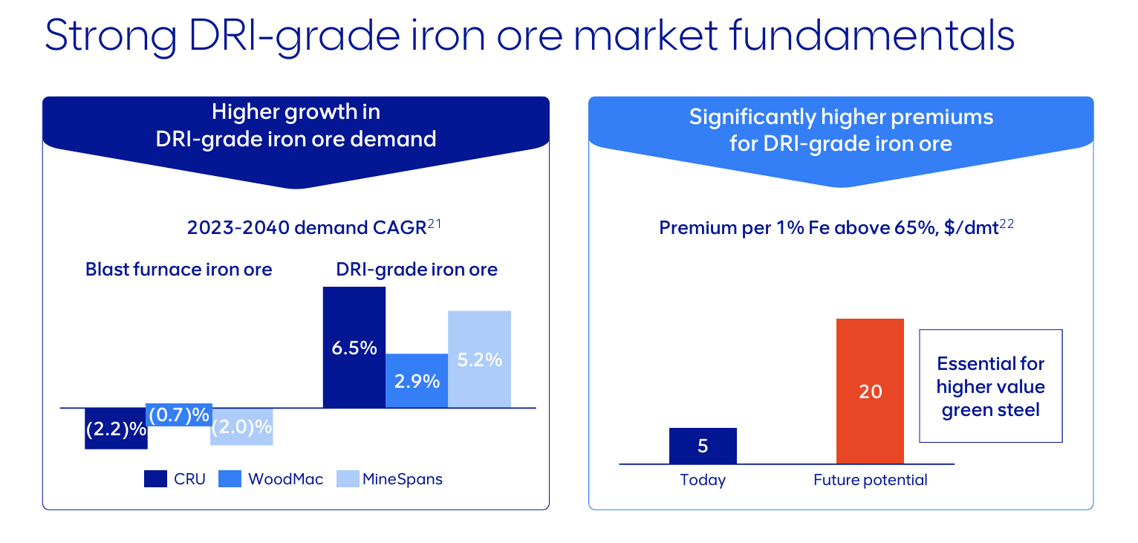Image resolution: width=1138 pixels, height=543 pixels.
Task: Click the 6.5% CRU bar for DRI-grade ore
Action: [x=354, y=347]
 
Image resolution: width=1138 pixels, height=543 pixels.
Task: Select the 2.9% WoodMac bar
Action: [x=417, y=380]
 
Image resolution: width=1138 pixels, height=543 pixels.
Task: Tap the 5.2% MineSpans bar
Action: [x=479, y=359]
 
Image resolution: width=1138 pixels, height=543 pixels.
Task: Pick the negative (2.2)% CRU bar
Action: [x=116, y=429]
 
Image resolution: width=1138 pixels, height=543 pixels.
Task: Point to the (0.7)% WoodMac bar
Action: [x=179, y=415]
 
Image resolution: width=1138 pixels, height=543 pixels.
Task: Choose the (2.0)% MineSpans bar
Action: [x=241, y=427]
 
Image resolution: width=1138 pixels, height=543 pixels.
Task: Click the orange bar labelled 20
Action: [x=870, y=391]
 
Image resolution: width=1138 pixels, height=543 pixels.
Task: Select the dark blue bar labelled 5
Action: [x=703, y=446]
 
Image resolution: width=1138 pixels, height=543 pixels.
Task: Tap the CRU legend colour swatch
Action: [x=155, y=479]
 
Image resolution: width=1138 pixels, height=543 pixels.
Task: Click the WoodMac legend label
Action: [x=285, y=479]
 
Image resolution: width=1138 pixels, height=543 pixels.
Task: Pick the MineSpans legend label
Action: [x=402, y=479]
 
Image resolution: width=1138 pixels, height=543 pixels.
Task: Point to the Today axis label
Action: [x=703, y=481]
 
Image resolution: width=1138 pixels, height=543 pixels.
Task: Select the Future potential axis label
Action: [x=870, y=481]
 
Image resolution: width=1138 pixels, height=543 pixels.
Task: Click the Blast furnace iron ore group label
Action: [x=178, y=269]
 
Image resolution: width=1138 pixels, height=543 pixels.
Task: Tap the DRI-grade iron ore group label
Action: [x=416, y=269]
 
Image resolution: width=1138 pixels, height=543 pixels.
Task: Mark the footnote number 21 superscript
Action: [x=435, y=223]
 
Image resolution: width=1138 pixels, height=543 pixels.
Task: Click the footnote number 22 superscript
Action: [x=1007, y=223]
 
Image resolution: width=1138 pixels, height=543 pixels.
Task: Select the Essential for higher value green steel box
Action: [x=990, y=386]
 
